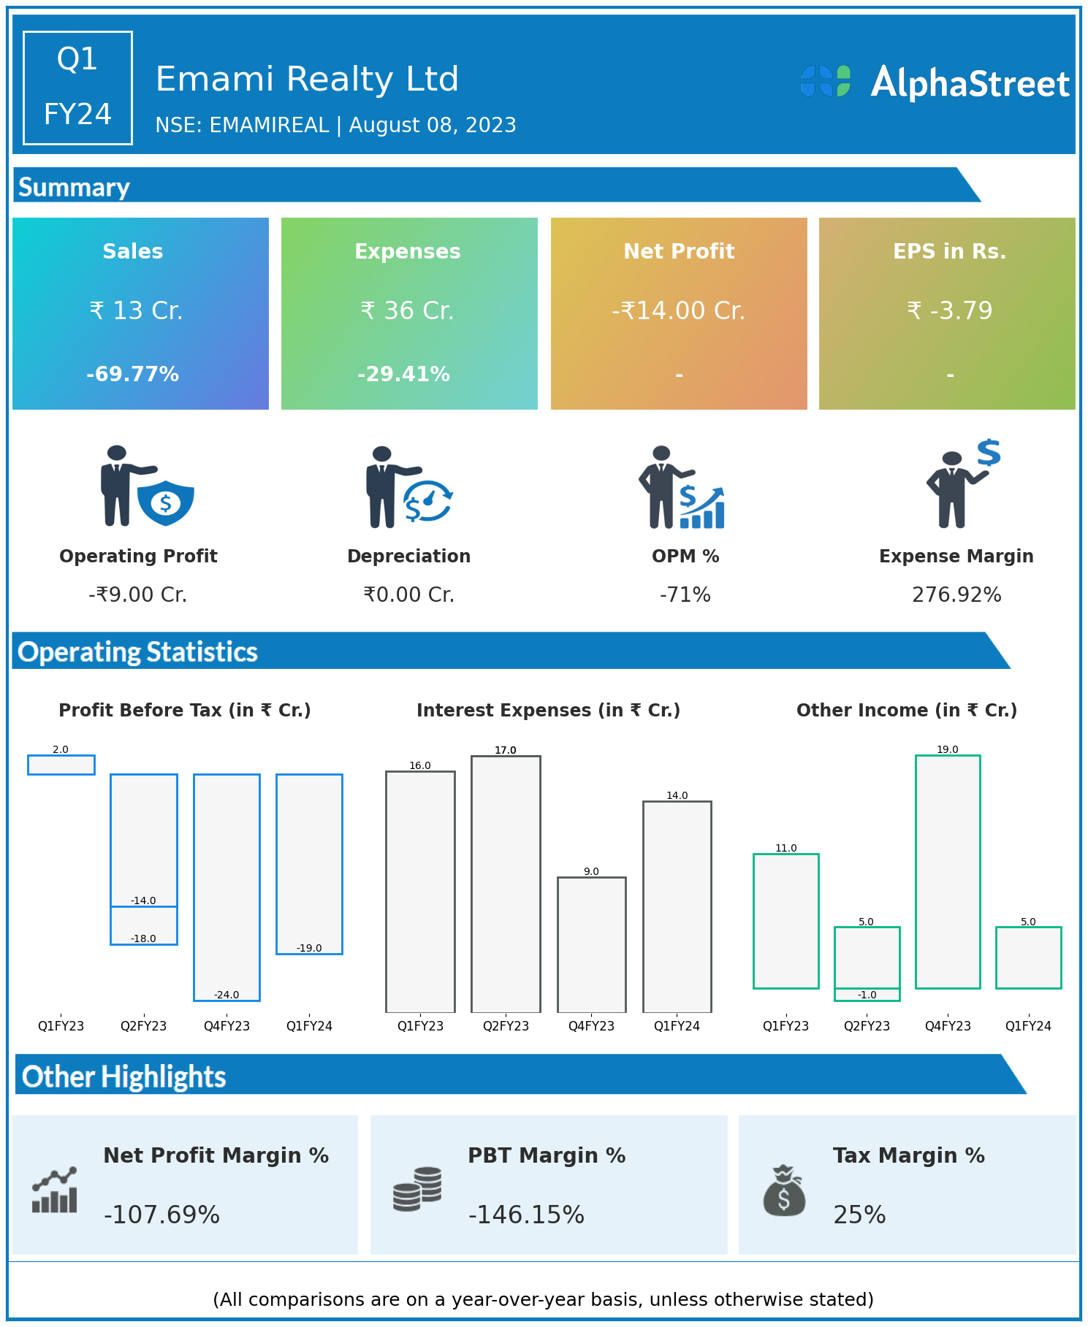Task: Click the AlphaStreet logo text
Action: pyautogui.click(x=970, y=83)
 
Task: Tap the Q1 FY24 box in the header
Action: pyautogui.click(x=77, y=88)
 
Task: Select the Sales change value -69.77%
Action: pyautogui.click(x=132, y=374)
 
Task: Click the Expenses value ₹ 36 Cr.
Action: pyautogui.click(x=407, y=310)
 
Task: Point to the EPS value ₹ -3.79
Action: pyautogui.click(x=949, y=310)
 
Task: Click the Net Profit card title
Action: pyautogui.click(x=679, y=251)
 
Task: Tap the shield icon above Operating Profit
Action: pyautogui.click(x=166, y=502)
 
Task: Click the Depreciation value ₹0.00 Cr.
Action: pyautogui.click(x=408, y=594)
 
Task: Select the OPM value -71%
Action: pyautogui.click(x=685, y=594)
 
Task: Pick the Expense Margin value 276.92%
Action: pyautogui.click(x=956, y=594)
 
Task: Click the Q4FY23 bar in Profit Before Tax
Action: pyautogui.click(x=227, y=887)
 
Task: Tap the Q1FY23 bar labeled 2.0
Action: pyautogui.click(x=61, y=765)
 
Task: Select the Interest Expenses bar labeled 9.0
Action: pyautogui.click(x=591, y=944)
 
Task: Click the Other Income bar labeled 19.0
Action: pyautogui.click(x=948, y=871)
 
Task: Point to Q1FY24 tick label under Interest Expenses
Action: pyautogui.click(x=677, y=1026)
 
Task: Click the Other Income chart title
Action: pyautogui.click(x=906, y=710)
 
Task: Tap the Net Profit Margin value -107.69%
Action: pyautogui.click(x=161, y=1215)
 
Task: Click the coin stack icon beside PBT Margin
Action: pyautogui.click(x=417, y=1189)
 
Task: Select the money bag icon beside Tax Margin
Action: pyautogui.click(x=784, y=1190)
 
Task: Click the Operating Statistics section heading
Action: pyautogui.click(x=137, y=651)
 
